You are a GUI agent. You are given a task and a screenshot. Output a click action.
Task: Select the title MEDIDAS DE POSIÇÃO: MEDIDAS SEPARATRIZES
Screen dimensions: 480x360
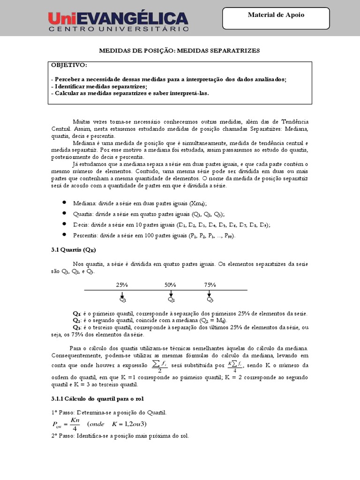(x=180, y=50)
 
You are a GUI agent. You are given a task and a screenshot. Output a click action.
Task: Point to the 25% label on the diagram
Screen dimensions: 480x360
(x=122, y=285)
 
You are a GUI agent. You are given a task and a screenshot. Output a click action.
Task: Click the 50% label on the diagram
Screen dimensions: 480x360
(x=171, y=285)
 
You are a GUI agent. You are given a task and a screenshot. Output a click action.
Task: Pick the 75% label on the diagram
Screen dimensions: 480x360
(x=210, y=285)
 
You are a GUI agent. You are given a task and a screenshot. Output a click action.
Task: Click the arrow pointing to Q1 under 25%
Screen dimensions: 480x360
(x=122, y=294)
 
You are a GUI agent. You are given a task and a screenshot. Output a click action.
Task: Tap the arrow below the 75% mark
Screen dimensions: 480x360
(x=210, y=294)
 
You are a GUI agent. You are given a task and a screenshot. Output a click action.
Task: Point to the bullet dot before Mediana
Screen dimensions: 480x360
(x=64, y=203)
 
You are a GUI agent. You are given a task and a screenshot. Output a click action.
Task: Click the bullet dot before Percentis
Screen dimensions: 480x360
(x=64, y=234)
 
